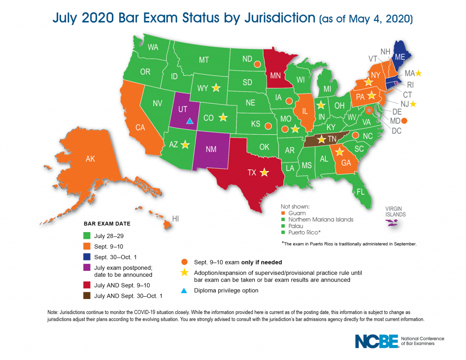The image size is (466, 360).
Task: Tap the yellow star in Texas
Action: (x=264, y=173)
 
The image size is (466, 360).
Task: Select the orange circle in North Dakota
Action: (x=257, y=65)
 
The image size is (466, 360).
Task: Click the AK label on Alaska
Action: (x=90, y=159)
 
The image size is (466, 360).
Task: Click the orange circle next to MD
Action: (x=404, y=121)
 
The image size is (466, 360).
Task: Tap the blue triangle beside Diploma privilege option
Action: (x=184, y=290)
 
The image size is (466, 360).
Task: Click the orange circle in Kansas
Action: (x=268, y=125)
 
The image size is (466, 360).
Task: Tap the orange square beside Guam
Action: (x=283, y=213)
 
